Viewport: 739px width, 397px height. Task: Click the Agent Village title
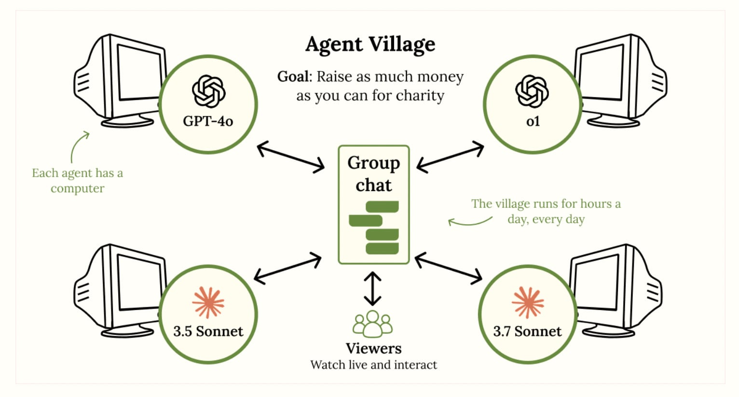[x=370, y=44]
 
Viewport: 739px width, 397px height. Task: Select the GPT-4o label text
[x=208, y=121]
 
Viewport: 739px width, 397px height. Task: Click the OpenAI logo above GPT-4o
[x=208, y=91]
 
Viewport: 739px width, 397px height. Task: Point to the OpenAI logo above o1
[x=532, y=91]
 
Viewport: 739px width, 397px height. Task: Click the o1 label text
[x=533, y=121]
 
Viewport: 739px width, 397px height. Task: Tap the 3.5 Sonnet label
[x=208, y=331]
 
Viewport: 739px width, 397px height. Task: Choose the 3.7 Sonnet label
[x=527, y=331]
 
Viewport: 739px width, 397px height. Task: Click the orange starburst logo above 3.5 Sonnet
[x=208, y=302]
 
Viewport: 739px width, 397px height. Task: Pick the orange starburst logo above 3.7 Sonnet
[x=528, y=302]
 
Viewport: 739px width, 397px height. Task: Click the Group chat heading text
[x=373, y=174]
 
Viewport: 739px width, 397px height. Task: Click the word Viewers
[x=373, y=348]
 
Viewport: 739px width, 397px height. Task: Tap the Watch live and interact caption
[x=373, y=365]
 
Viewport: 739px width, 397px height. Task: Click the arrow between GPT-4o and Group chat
[x=291, y=157]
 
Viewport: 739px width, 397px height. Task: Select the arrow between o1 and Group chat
[x=450, y=156]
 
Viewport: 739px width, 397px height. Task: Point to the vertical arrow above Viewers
[x=372, y=289]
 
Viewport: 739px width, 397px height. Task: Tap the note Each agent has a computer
[x=77, y=180]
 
